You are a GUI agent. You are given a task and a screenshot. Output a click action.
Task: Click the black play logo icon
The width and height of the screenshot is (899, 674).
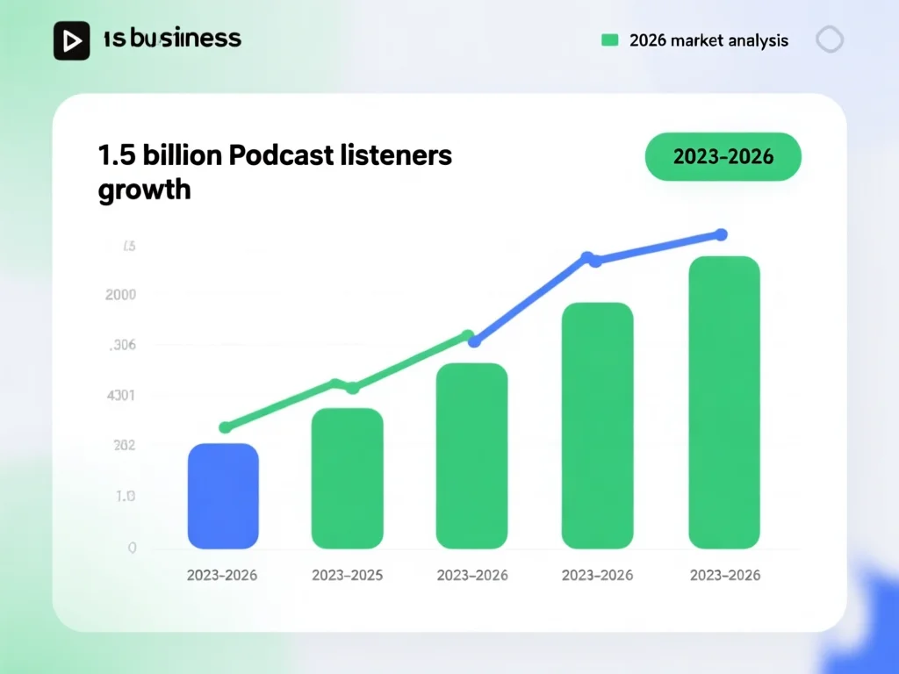(72, 40)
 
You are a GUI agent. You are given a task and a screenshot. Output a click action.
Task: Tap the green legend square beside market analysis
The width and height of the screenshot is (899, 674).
(610, 40)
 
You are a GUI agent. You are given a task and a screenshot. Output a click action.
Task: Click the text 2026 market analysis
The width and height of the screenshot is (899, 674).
(708, 40)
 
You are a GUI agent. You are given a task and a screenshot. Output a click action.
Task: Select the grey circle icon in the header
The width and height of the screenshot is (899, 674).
(830, 39)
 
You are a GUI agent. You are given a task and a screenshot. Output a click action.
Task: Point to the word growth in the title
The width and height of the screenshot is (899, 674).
(144, 189)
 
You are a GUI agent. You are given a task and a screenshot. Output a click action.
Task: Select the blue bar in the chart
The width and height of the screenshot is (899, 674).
(223, 496)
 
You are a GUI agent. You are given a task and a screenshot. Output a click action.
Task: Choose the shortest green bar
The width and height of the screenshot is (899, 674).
(347, 478)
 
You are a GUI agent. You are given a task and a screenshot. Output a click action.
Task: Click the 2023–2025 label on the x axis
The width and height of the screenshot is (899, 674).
(348, 576)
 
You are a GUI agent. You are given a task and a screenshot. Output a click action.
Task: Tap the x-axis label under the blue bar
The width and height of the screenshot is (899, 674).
(223, 576)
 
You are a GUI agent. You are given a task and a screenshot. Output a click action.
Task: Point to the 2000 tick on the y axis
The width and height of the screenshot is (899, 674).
(120, 295)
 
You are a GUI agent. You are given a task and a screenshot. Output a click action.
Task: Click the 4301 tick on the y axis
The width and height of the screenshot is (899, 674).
(120, 396)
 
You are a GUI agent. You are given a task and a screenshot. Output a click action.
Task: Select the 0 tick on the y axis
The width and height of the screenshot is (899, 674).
(132, 548)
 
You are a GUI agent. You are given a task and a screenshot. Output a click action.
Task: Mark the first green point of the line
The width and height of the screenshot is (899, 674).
(225, 427)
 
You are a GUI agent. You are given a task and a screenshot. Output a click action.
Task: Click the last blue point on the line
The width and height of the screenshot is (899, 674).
(721, 234)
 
